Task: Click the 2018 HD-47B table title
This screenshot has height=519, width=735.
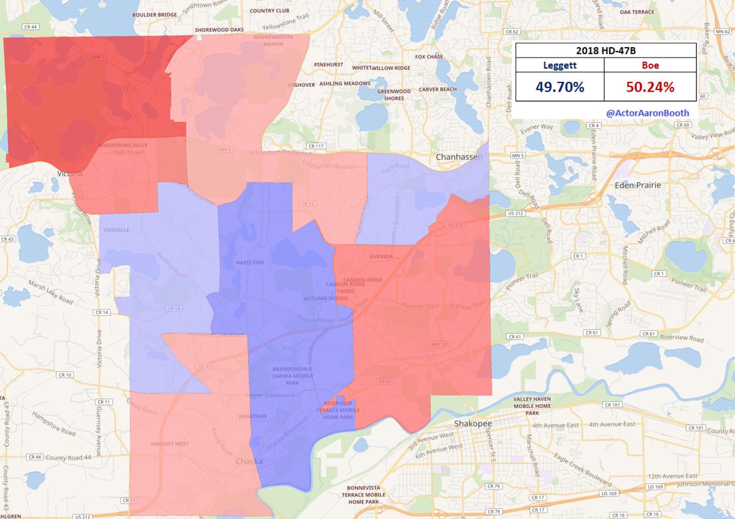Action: [x=606, y=50]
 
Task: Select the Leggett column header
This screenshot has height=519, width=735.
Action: [x=559, y=65]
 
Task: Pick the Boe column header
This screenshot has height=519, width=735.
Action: [x=650, y=65]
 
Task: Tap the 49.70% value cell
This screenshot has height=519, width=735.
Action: [x=559, y=87]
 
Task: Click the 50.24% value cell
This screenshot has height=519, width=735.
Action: [x=650, y=87]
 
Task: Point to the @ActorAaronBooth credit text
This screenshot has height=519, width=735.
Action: [x=647, y=113]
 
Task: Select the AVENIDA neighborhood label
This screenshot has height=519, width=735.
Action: [x=381, y=256]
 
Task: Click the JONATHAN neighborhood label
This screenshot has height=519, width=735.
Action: [x=253, y=416]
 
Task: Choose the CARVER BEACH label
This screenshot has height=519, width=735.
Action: [x=437, y=89]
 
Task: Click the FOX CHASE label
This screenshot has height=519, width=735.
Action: [x=429, y=57]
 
